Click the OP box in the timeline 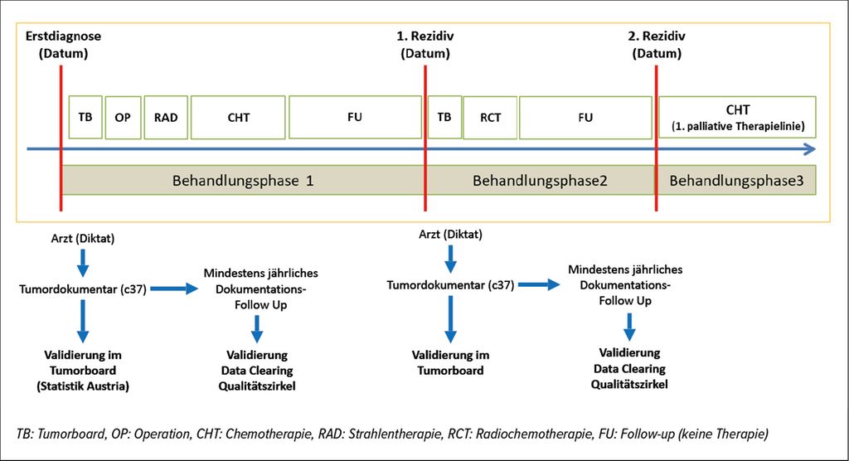pos(123,118)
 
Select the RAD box pos(166,118)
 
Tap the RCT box pos(491,118)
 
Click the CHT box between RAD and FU pos(238,118)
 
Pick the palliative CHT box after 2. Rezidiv pos(737,117)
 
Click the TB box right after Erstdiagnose pos(85,117)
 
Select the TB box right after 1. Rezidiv pos(444,117)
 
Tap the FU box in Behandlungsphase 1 pos(355,117)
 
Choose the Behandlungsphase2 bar pos(541,181)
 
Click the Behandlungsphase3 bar pos(737,181)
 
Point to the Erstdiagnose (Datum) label pos(63,45)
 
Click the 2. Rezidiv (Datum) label pos(657,45)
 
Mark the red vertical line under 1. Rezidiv pos(425,138)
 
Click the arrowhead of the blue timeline pos(810,149)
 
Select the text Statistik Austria pos(83,386)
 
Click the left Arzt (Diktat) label pos(83,238)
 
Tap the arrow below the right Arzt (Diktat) pos(450,259)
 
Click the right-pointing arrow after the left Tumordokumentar pos(174,289)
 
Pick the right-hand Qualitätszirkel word pos(629,384)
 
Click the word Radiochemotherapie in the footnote pos(545,434)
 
